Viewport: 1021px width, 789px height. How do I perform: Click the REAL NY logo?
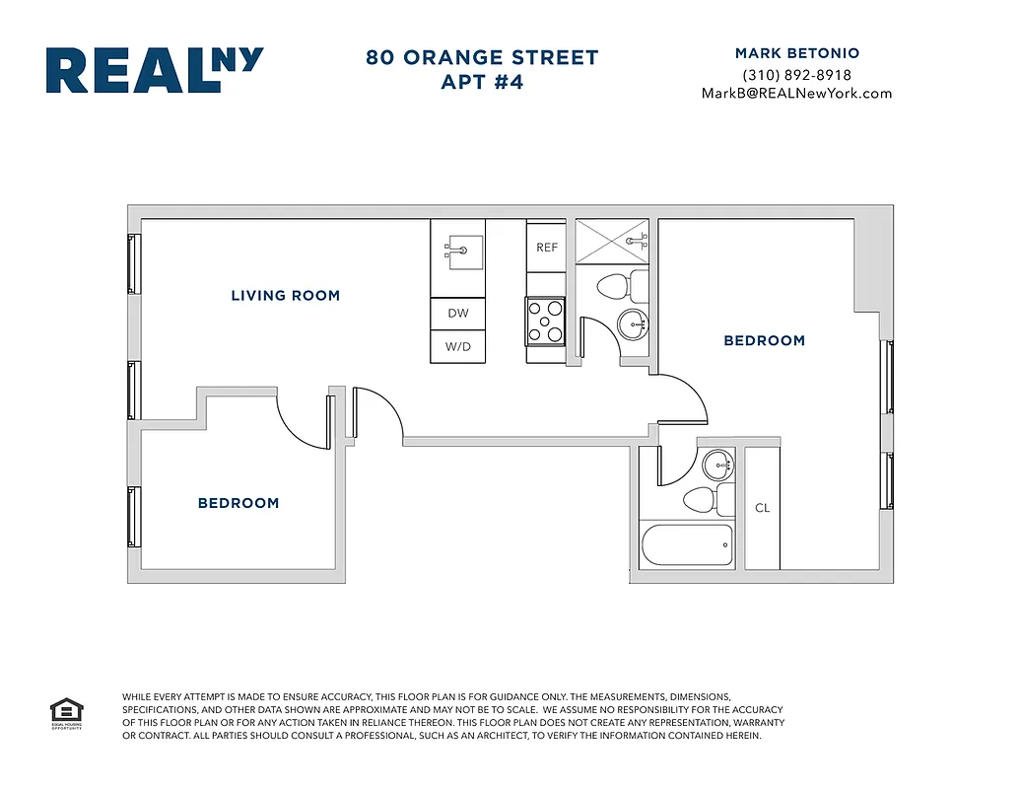[155, 71]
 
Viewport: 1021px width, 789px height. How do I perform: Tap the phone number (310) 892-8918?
[796, 75]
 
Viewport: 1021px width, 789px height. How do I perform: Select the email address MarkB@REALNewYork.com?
[796, 94]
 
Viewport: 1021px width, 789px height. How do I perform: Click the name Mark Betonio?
[796, 53]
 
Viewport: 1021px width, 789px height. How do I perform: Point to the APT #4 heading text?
[482, 83]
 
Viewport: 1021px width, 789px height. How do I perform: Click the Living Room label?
[285, 295]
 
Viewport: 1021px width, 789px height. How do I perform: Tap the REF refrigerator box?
[546, 248]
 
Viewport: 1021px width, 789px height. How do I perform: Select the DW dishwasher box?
[458, 314]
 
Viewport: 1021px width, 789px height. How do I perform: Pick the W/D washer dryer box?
[458, 347]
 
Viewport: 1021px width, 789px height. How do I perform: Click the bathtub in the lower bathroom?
[687, 544]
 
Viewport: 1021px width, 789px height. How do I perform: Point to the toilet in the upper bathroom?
[616, 288]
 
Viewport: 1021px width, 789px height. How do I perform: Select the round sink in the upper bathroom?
[632, 323]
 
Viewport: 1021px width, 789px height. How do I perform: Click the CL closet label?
[762, 508]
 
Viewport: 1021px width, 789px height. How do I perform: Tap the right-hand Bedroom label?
[764, 340]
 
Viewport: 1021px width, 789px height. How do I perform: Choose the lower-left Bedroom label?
[238, 503]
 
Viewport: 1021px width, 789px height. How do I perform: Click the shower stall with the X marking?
[611, 242]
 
